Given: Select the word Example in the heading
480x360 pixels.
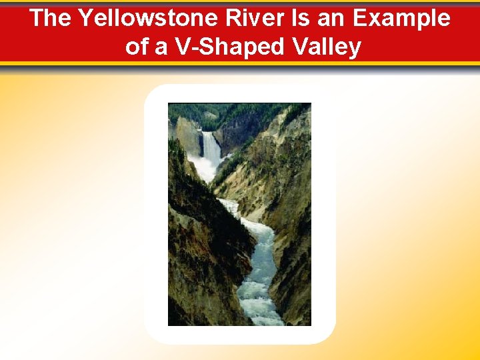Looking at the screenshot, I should pos(401,18).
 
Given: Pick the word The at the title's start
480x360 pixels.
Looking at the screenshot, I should pos(51,18).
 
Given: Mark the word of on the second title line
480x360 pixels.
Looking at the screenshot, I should pos(136,47).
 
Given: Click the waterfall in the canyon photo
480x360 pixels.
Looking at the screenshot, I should pos(211,147).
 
